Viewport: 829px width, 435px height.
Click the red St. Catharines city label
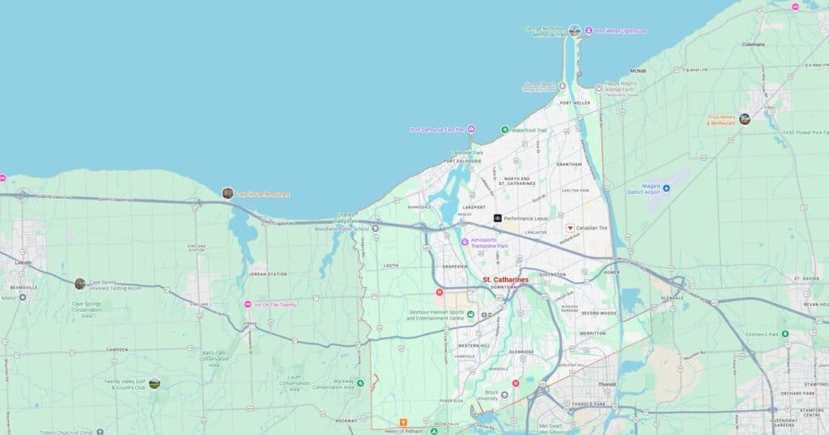(505, 280)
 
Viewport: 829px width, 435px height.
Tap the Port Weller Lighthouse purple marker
(589, 31)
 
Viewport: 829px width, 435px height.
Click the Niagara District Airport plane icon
(666, 188)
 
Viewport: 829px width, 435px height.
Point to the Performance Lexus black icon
(498, 218)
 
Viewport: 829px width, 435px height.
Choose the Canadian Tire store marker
(569, 228)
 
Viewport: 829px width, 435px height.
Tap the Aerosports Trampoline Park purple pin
(465, 242)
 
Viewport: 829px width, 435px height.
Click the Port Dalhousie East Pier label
(437, 129)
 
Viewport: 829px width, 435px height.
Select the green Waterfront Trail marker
(504, 129)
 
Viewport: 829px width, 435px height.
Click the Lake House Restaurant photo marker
(227, 193)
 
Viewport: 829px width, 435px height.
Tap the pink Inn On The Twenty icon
(248, 304)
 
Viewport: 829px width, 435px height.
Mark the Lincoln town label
(23, 263)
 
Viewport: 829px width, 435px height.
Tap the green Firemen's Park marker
(784, 333)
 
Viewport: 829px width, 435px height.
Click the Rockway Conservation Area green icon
(360, 382)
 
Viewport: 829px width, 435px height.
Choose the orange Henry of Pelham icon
(403, 422)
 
